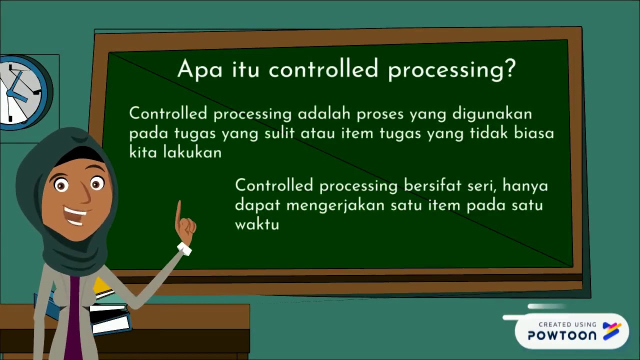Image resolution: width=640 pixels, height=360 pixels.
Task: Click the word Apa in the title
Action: [x=199, y=69]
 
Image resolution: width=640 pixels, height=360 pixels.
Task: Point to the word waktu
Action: [x=256, y=224]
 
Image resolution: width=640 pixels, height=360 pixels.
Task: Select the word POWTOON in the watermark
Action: [x=562, y=335]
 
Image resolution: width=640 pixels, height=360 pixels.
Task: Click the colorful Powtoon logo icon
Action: [x=611, y=331]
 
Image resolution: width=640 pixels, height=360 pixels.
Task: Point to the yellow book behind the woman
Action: [x=102, y=286]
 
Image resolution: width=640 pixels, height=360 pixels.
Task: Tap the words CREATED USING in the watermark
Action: [x=567, y=324]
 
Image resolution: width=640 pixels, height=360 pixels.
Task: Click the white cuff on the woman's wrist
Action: [x=184, y=248]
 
